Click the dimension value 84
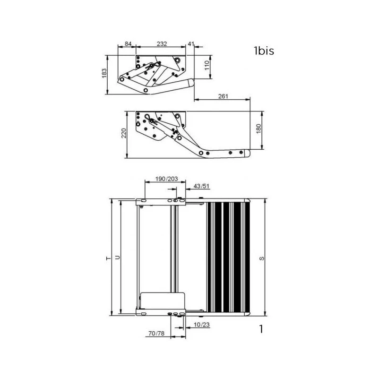point(128,44)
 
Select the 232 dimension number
point(162,44)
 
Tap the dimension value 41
point(191,44)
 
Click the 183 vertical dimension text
point(105,74)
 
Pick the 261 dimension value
point(223,96)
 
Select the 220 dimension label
point(123,134)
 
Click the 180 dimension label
point(258,129)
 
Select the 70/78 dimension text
point(155,334)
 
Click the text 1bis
point(264,51)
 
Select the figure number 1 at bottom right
point(261,329)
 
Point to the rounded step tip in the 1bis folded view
point(191,83)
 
